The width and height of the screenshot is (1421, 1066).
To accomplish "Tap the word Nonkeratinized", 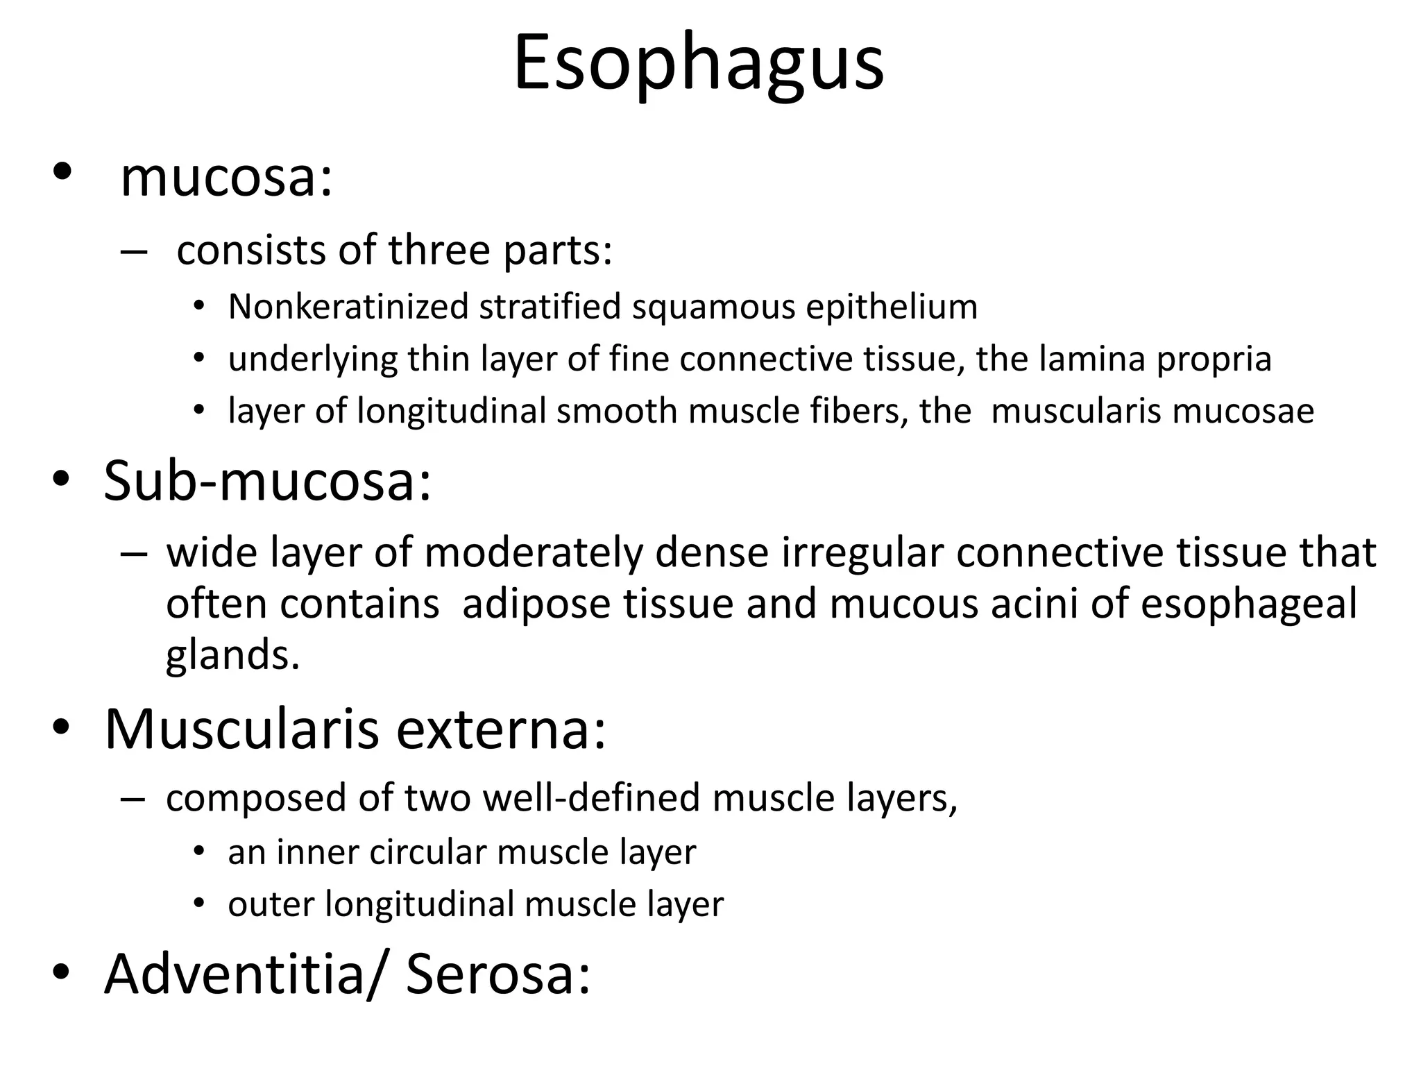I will [348, 307].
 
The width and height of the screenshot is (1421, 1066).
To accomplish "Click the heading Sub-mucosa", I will [267, 480].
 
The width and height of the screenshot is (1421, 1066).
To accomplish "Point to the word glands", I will [232, 656].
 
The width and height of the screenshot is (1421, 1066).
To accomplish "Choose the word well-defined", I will [592, 798].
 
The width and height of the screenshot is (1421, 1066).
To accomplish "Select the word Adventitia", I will [234, 974].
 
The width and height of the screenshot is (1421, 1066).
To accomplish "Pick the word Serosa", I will [497, 974].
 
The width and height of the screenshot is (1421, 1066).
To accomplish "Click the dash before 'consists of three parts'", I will [133, 251].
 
